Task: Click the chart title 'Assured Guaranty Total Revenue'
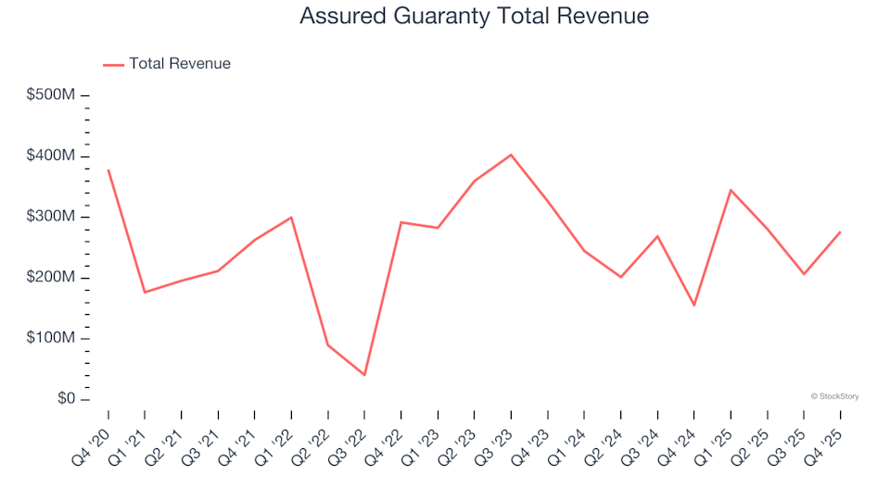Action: click(474, 17)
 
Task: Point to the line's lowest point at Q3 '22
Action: click(364, 375)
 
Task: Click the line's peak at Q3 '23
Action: click(511, 155)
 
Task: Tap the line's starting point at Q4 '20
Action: click(108, 170)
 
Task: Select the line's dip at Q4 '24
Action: click(693, 306)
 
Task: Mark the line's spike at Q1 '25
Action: click(731, 190)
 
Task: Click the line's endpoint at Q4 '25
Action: click(840, 231)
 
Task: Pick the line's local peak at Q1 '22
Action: click(291, 218)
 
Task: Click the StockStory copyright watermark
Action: click(834, 396)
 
